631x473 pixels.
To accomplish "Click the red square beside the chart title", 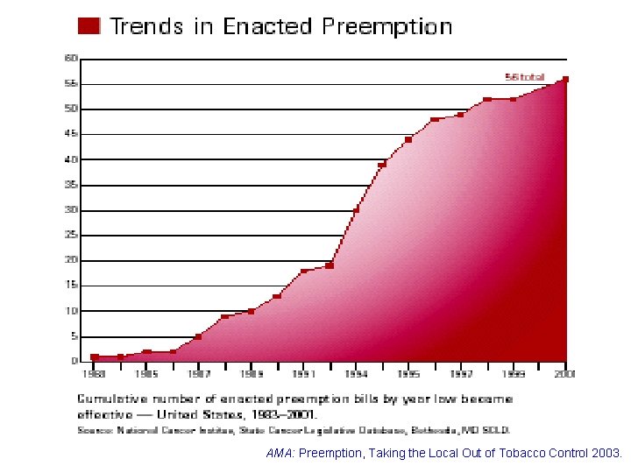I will pos(89,25).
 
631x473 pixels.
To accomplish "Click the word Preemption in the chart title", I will pos(386,26).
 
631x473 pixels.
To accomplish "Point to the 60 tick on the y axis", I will pos(71,58).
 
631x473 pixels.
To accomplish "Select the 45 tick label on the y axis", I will pos(71,134).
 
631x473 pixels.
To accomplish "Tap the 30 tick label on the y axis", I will pos(71,210).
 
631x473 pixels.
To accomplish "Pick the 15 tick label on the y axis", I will pos(71,286).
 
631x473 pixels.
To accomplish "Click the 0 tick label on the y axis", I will pos(74,361).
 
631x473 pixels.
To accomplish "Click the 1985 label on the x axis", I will pos(146,374).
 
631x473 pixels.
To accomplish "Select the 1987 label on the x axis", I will pos(199,374).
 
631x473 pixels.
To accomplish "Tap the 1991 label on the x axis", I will pos(303,374).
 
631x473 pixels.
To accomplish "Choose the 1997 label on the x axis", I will pos(461,374).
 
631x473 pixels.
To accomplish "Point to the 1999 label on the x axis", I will pos(514,374).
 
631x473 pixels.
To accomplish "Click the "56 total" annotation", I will pos(525,76).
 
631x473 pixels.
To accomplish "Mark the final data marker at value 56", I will pos(565,80).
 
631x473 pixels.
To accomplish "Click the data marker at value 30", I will pos(356,210).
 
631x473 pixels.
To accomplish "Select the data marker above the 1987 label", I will pos(199,336).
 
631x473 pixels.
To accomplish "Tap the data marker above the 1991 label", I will pos(303,272).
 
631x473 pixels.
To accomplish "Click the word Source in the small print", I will pos(96,430).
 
